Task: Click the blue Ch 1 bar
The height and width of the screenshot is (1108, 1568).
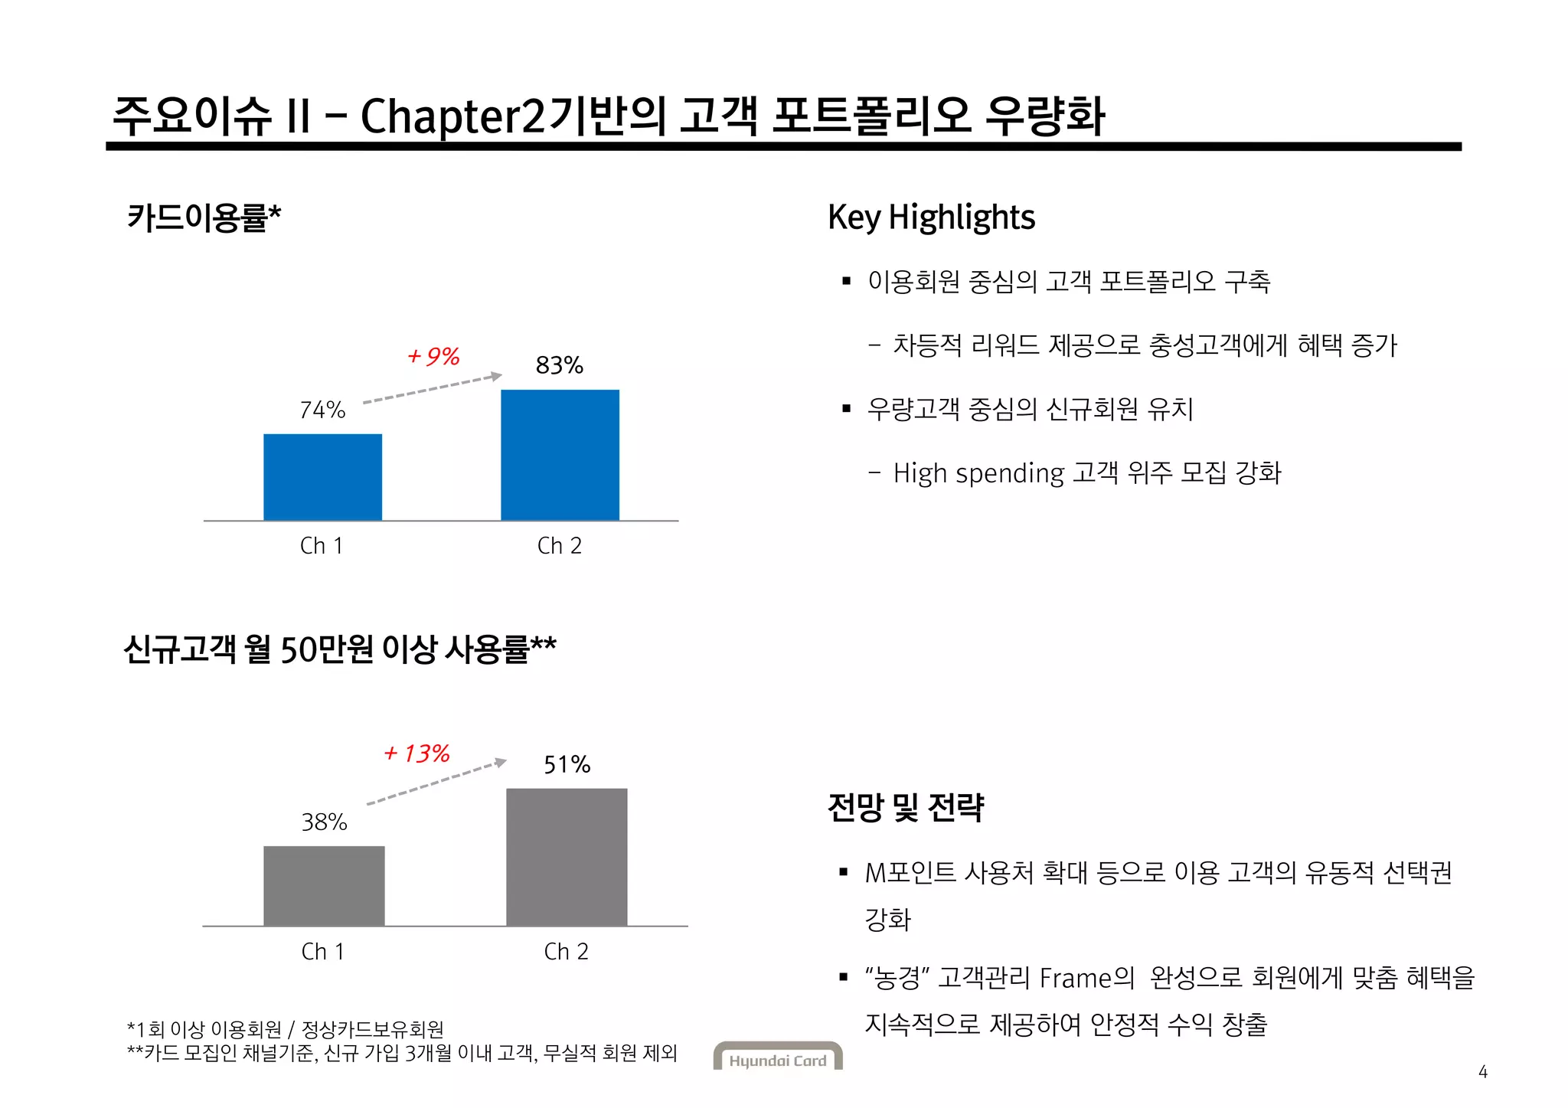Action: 322,477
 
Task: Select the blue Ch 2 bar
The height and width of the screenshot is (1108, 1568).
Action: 560,455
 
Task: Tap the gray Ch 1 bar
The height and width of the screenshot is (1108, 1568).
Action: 324,885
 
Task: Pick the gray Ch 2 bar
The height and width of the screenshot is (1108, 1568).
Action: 567,857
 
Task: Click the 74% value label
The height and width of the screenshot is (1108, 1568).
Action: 322,410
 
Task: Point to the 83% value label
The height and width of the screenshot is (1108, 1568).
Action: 560,365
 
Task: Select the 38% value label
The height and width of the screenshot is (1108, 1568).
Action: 324,822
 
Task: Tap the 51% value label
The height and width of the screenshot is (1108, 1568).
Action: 567,764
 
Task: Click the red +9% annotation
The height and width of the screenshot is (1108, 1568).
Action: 433,357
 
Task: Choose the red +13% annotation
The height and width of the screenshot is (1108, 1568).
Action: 417,753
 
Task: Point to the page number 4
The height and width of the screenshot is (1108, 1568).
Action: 1482,1072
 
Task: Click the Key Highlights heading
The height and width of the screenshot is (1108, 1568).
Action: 931,217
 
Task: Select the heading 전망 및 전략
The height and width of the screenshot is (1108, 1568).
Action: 906,807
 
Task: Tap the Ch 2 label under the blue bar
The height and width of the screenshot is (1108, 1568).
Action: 560,546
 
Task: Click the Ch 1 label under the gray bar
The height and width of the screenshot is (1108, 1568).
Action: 323,952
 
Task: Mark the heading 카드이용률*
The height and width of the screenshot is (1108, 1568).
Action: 204,217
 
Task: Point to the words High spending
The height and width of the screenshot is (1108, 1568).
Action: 978,473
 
